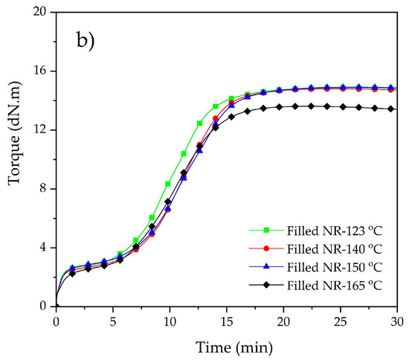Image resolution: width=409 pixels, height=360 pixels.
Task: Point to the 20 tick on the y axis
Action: coord(40,13)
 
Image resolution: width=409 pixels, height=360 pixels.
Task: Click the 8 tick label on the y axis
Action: coord(43,189)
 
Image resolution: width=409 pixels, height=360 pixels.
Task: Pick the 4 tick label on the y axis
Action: coord(43,248)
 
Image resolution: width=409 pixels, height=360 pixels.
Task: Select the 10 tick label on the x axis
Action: coord(170,321)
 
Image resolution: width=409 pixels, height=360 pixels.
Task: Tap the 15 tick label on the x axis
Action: coord(227,321)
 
